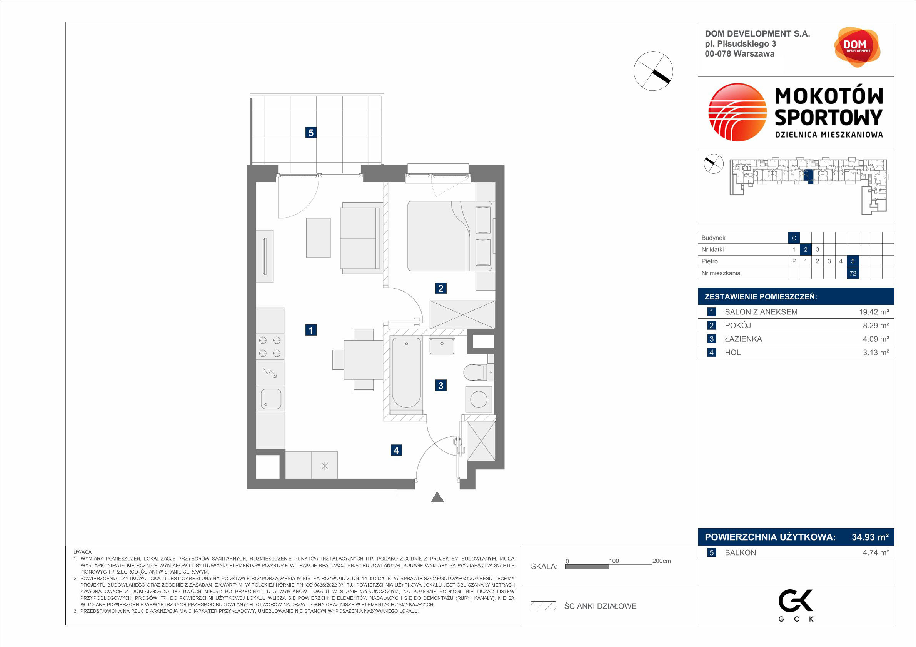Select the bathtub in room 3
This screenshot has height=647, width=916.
tap(407, 373)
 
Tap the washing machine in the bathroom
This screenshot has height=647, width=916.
tap(479, 399)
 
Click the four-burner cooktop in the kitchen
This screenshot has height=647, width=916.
tap(270, 347)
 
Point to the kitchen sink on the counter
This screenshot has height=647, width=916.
tap(271, 399)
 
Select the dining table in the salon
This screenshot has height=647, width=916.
tap(364, 359)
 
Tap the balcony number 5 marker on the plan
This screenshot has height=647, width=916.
tap(311, 132)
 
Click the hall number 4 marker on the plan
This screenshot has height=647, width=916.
tap(396, 451)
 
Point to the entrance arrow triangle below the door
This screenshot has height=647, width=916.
tap(438, 497)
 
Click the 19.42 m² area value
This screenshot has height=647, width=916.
tap(874, 312)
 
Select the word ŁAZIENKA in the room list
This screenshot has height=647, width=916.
tap(743, 339)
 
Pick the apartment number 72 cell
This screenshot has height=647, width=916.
tap(853, 273)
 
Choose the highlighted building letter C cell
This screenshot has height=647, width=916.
tap(794, 238)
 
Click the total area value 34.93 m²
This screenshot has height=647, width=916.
tap(870, 537)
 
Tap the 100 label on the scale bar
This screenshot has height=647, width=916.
tap(614, 561)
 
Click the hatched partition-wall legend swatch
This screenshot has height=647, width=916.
tap(543, 606)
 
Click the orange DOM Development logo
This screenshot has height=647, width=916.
tap(857, 47)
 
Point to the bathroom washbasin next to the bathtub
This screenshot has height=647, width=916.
tap(442, 345)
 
